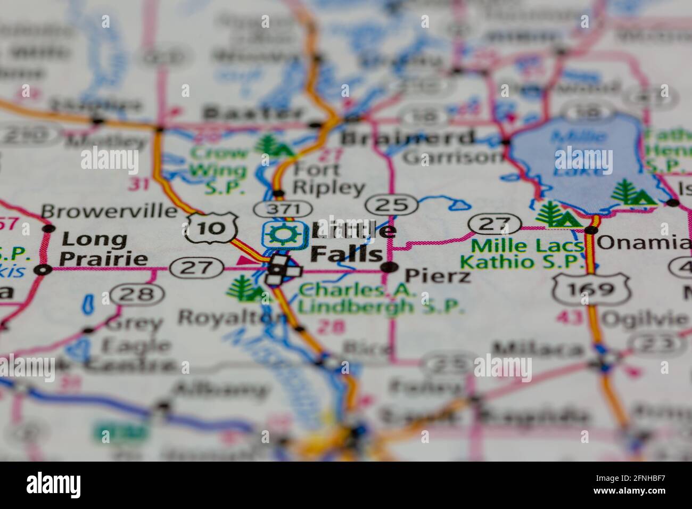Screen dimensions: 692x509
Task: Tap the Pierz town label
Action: tap(438, 276)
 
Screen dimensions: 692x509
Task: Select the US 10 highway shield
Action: tap(211, 228)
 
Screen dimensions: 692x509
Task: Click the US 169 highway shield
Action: tap(591, 290)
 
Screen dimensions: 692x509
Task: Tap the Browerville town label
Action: tap(109, 211)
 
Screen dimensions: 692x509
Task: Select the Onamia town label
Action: tap(644, 243)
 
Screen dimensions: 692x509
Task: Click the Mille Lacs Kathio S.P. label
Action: tap(521, 254)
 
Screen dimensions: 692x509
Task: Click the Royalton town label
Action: tap(232, 318)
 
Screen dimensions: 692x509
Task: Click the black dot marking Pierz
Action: tap(391, 267)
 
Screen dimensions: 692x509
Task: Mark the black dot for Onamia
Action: tap(590, 230)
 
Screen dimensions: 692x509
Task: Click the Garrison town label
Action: tap(452, 157)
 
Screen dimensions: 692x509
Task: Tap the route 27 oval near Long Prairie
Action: tap(196, 268)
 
